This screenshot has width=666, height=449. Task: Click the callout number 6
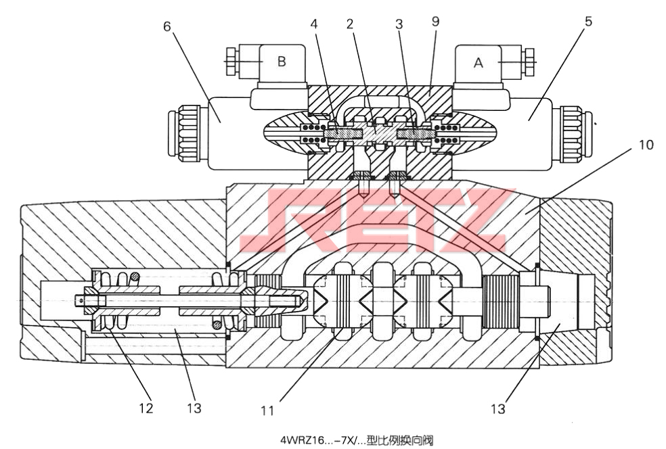(x=167, y=26)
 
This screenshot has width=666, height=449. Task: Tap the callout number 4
(x=314, y=24)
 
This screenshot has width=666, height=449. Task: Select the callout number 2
(x=349, y=24)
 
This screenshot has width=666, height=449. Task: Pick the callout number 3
(x=399, y=24)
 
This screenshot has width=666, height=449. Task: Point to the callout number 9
(x=435, y=21)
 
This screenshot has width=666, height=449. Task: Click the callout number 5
(x=588, y=21)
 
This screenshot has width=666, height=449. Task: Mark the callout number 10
(x=646, y=145)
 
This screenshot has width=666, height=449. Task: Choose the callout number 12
(x=146, y=408)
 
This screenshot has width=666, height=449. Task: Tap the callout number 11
(x=267, y=410)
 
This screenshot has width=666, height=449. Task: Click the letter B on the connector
(x=281, y=62)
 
